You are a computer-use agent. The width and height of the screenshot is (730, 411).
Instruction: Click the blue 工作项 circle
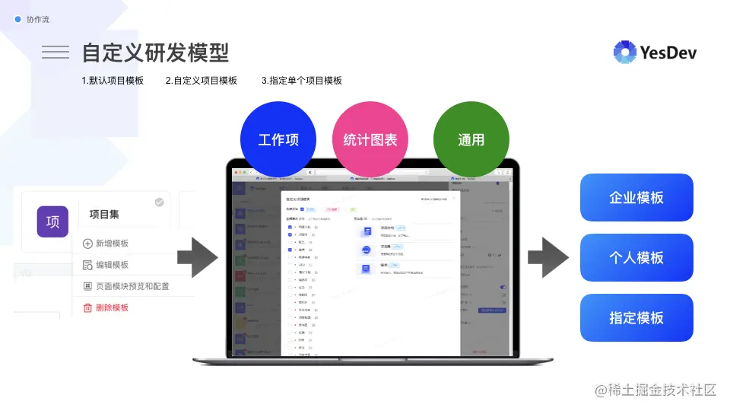click(278, 140)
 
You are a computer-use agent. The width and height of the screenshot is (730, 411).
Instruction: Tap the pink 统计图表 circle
click(370, 140)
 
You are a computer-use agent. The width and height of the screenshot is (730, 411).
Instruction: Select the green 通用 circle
click(471, 140)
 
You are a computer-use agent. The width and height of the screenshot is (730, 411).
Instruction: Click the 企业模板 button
click(636, 198)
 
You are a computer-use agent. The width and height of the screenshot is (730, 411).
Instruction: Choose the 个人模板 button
click(636, 258)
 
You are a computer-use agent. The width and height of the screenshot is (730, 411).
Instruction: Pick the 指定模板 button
click(636, 318)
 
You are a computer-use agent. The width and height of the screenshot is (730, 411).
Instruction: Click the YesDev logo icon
click(625, 52)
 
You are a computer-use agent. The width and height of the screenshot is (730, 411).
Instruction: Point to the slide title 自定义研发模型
click(155, 53)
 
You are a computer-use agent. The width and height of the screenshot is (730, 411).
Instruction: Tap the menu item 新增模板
click(111, 244)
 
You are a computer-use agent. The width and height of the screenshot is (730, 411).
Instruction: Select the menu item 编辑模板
click(111, 265)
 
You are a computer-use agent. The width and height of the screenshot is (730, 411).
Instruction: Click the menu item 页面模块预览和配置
click(132, 286)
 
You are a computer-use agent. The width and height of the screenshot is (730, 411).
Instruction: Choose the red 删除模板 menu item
click(111, 307)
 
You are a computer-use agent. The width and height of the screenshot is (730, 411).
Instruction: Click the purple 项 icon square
click(53, 221)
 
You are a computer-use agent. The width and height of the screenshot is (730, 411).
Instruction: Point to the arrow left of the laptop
click(203, 256)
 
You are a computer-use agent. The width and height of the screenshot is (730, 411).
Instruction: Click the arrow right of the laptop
click(548, 256)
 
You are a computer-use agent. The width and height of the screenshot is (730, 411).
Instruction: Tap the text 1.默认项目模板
click(113, 81)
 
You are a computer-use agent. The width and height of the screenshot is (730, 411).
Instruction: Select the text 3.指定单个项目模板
click(302, 81)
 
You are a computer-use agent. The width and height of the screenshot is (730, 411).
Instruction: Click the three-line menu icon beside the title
click(56, 52)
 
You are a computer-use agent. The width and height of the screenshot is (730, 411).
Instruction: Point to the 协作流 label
click(37, 19)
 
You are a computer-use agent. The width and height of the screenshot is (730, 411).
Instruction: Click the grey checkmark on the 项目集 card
click(159, 202)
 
